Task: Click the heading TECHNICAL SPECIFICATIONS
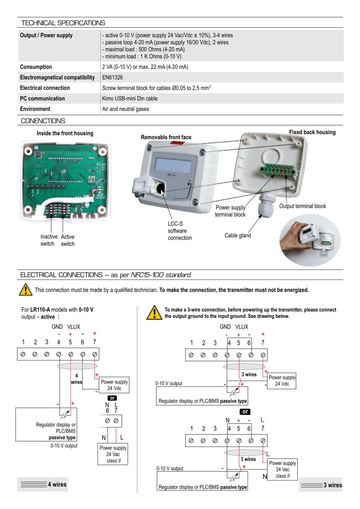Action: click(x=63, y=22)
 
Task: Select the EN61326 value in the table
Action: click(x=114, y=77)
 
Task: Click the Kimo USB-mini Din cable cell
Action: click(x=130, y=99)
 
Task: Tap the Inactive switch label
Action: click(x=49, y=240)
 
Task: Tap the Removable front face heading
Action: click(x=166, y=138)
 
